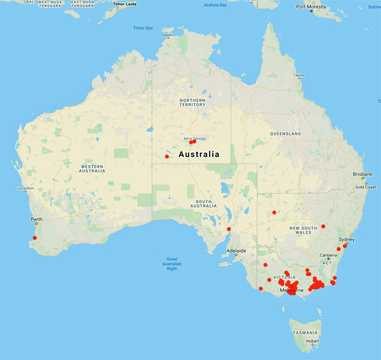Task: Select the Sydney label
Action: click(x=346, y=239)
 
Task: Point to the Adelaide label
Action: click(x=236, y=251)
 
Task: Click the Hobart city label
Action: click(x=312, y=340)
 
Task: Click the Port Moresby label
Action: click(x=314, y=7)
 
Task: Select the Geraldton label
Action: click(x=24, y=189)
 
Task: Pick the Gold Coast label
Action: click(x=365, y=187)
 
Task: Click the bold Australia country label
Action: click(x=199, y=154)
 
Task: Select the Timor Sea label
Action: click(x=143, y=28)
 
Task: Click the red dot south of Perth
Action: click(x=35, y=238)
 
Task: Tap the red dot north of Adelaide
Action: click(x=229, y=229)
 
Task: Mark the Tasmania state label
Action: click(x=303, y=332)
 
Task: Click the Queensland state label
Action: click(x=284, y=134)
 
